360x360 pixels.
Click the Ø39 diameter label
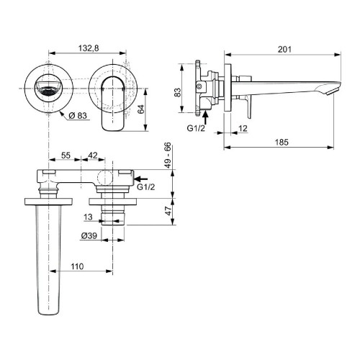89,235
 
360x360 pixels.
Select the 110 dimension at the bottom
79,266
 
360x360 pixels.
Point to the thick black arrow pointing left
143,176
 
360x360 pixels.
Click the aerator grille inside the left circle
50,91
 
